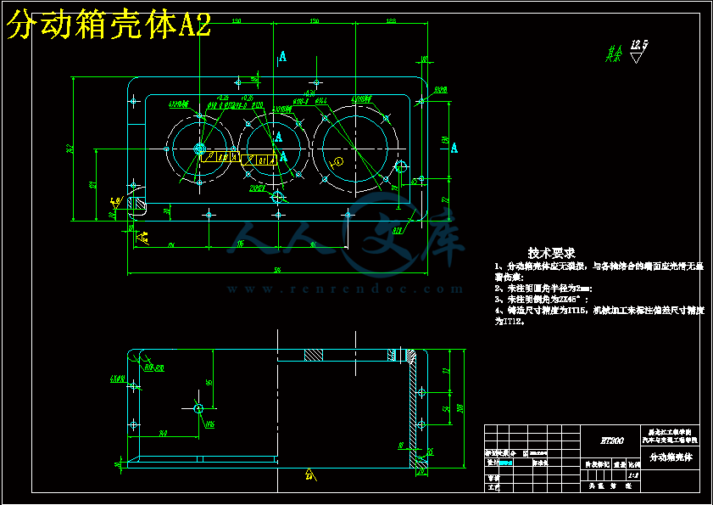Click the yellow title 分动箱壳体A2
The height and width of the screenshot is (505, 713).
click(x=108, y=26)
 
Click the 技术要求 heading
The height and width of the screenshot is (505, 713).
click(x=551, y=253)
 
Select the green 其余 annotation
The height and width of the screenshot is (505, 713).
click(x=613, y=54)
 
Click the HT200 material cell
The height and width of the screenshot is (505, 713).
click(x=611, y=440)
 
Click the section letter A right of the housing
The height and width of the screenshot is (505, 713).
click(x=454, y=149)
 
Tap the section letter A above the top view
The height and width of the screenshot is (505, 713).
click(x=281, y=57)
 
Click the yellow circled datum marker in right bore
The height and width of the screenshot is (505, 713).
click(x=338, y=160)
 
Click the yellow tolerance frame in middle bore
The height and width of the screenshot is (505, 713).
click(x=258, y=160)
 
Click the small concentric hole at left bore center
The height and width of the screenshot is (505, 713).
click(x=201, y=150)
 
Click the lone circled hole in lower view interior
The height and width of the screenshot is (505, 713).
click(x=198, y=408)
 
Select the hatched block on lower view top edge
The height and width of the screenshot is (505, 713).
click(x=313, y=355)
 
